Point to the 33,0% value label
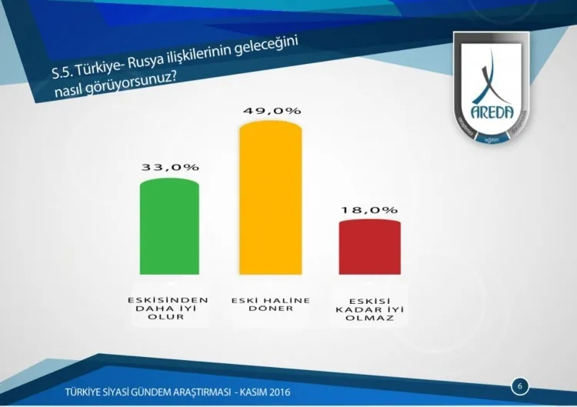170,167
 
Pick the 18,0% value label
370,209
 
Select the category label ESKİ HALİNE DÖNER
270,303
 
